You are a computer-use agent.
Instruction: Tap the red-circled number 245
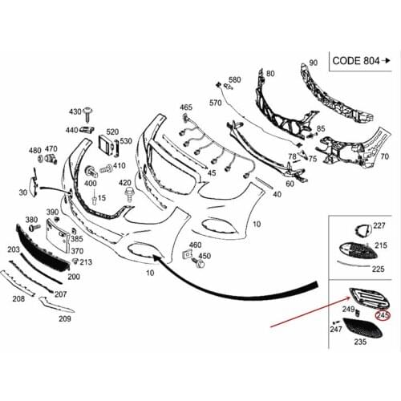point(383,316)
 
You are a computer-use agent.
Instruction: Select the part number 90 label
point(313,62)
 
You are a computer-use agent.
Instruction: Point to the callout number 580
point(235,80)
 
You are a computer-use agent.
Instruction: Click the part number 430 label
point(75,111)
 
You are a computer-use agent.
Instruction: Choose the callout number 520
point(112,132)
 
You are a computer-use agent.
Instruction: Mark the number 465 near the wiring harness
point(186,107)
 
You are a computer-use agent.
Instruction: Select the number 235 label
point(360,342)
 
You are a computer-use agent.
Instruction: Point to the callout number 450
point(205,256)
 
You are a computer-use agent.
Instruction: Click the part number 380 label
point(32,219)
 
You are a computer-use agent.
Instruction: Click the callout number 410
point(119,166)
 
